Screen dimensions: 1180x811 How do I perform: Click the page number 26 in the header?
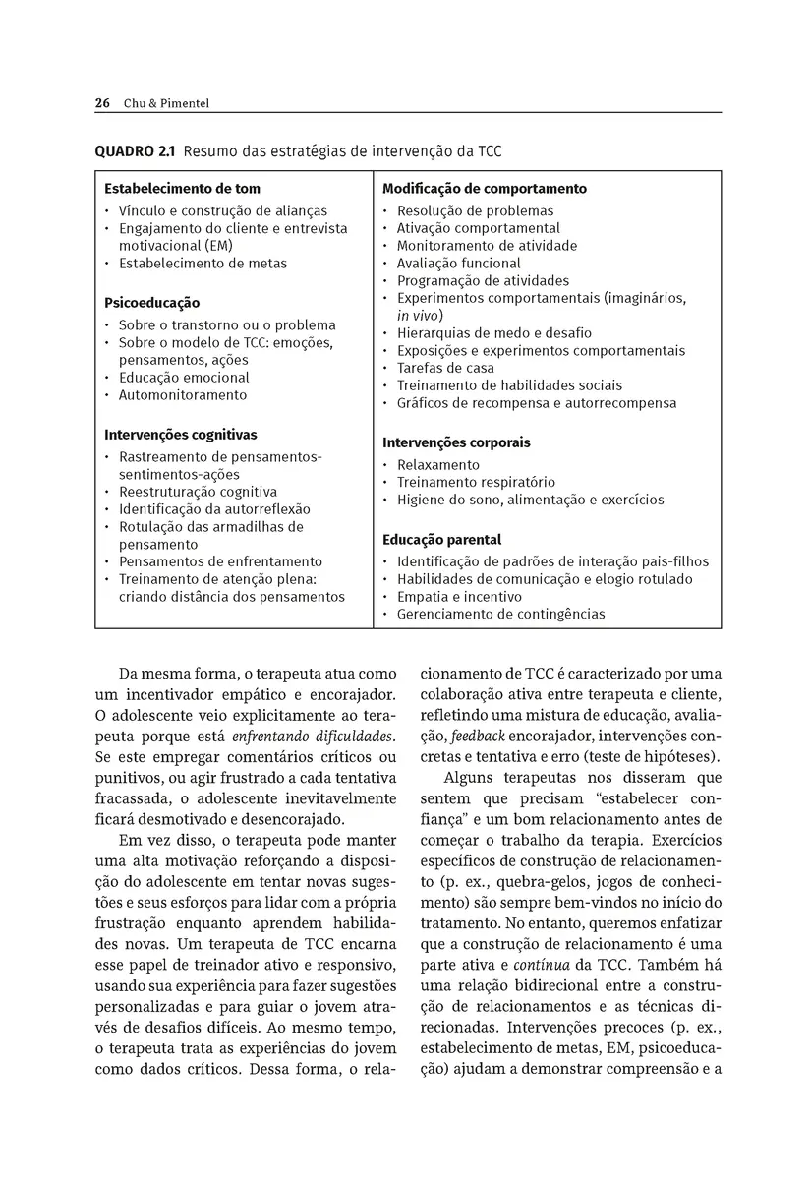point(102,103)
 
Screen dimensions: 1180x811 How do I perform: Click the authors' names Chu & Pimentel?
point(167,103)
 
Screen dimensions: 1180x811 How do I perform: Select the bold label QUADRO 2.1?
point(137,151)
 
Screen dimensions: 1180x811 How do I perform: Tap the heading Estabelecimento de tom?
point(182,188)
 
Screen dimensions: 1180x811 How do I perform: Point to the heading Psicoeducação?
point(151,303)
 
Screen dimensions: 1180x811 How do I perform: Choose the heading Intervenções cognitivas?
point(181,434)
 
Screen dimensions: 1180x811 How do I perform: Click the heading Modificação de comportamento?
point(485,188)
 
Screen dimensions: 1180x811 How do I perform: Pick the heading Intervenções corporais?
point(456,442)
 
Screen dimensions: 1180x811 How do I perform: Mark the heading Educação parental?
point(441,540)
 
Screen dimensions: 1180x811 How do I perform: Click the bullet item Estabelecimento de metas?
point(203,264)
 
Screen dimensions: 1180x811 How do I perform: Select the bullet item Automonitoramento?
point(183,395)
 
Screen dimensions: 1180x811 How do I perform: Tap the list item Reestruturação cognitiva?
point(198,492)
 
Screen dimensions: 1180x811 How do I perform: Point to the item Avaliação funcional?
point(458,264)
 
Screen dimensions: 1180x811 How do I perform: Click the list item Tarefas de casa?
point(445,368)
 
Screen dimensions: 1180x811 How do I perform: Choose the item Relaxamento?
point(438,465)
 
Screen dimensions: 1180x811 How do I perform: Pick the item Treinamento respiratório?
point(476,483)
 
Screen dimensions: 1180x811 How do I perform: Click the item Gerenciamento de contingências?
point(500,615)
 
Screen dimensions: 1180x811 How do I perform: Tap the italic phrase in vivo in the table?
point(418,316)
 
